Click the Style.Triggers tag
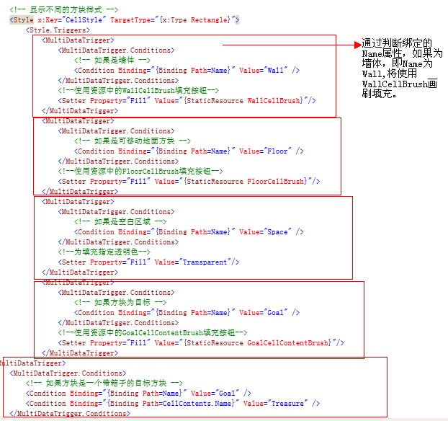58,30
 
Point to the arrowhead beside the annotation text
355,45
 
